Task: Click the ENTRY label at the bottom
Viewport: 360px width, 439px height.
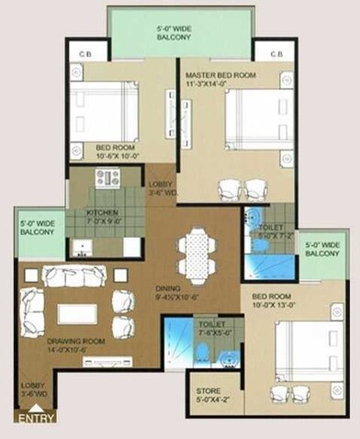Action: (x=34, y=417)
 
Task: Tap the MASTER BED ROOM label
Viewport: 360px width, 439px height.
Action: (x=219, y=78)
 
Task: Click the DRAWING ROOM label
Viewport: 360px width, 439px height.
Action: (x=73, y=344)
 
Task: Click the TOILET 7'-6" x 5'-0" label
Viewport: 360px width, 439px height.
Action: (x=206, y=329)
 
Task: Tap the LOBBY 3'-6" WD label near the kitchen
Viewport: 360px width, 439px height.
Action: (x=162, y=188)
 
